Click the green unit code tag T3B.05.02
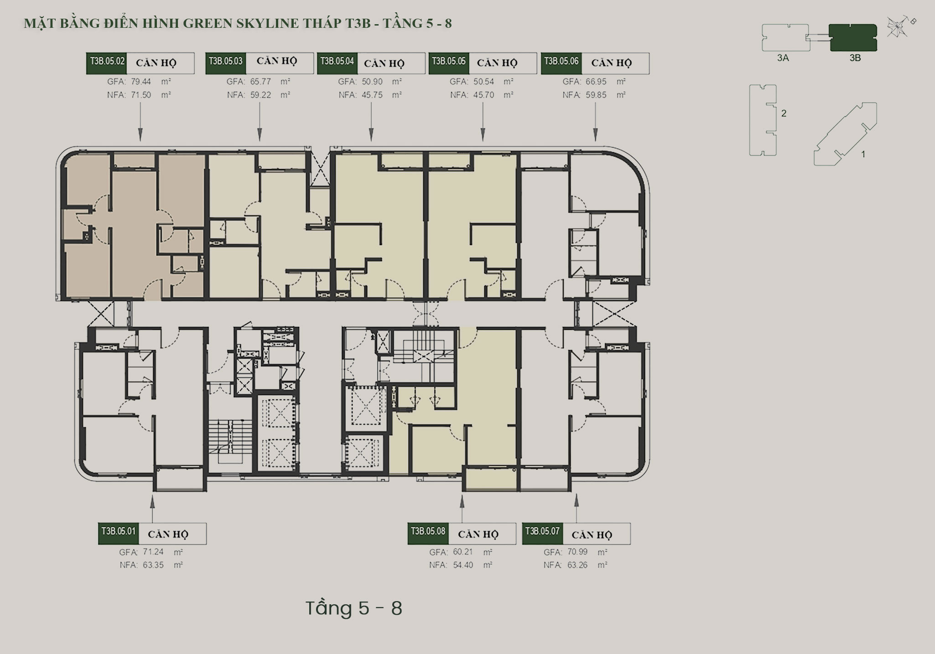coord(106,63)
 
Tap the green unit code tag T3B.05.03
coord(226,63)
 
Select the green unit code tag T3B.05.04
coord(337,63)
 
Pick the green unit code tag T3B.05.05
coord(449,63)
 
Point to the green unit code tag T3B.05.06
coord(561,63)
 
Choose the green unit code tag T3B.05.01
coord(118,533)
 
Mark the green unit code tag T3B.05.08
coord(428,533)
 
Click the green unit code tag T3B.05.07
coord(542,533)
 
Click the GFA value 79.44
coord(141,82)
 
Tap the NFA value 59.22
coord(260,95)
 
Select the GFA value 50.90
coord(372,82)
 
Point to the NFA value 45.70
coord(484,95)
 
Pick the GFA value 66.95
coord(596,82)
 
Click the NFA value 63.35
coord(153,565)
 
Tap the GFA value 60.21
coord(463,552)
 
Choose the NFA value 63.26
coord(577,565)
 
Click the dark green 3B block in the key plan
coord(853,37)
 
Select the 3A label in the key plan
coord(783,58)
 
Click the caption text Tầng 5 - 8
coord(354,608)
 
